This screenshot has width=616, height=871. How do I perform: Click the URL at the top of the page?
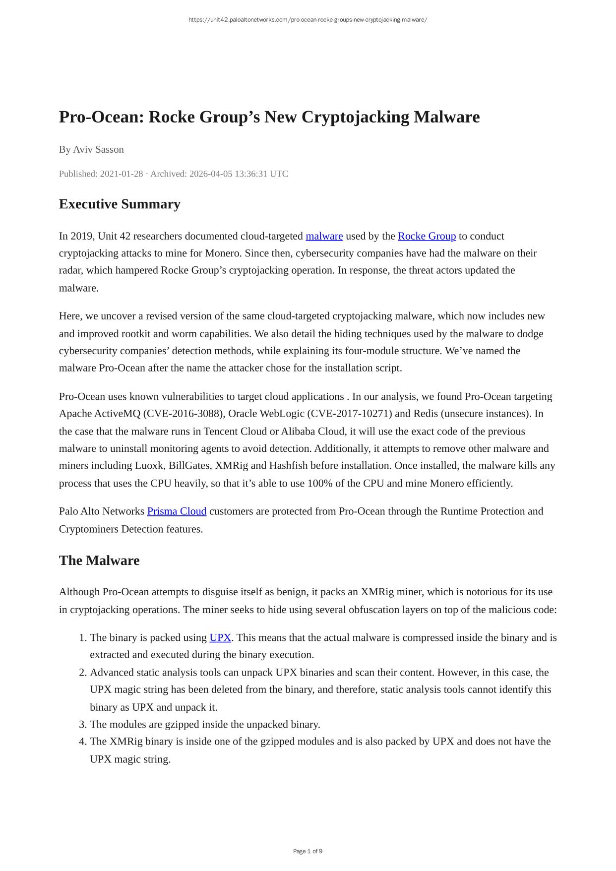(308, 20)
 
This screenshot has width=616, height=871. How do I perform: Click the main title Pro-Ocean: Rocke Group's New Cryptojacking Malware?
(269, 117)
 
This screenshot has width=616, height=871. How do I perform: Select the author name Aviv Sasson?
(98, 149)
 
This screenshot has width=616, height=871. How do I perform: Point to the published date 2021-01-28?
(122, 174)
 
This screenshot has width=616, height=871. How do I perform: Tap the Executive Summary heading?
(120, 204)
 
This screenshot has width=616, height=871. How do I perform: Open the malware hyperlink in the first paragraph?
(324, 236)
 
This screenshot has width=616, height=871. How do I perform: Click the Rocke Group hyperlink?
(427, 236)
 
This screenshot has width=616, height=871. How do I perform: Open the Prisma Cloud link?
(177, 511)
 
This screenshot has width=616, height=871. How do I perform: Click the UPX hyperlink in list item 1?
(220, 638)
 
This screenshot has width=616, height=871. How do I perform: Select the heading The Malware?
(99, 560)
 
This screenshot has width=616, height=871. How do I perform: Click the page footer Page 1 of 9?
(308, 851)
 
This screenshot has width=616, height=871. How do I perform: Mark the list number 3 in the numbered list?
(83, 725)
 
